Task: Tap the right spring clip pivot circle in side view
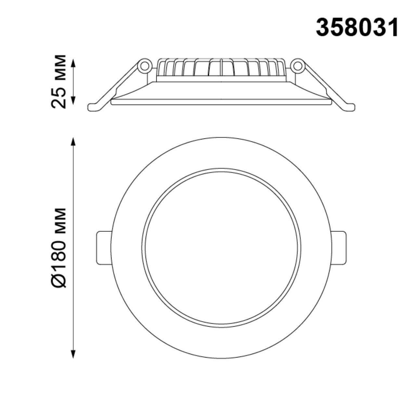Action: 297,66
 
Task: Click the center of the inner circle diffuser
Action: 221,248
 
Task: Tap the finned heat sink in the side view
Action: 221,69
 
